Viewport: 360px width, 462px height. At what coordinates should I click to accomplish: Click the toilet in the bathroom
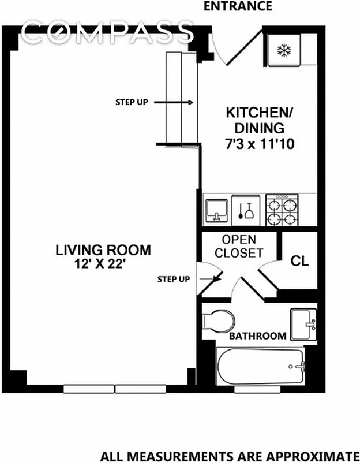pos(219,319)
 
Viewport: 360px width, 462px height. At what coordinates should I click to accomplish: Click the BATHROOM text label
pos(258,336)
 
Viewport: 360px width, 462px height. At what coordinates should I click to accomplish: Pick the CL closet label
pos(299,260)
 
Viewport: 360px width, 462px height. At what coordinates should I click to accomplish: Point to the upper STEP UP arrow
pos(178,102)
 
